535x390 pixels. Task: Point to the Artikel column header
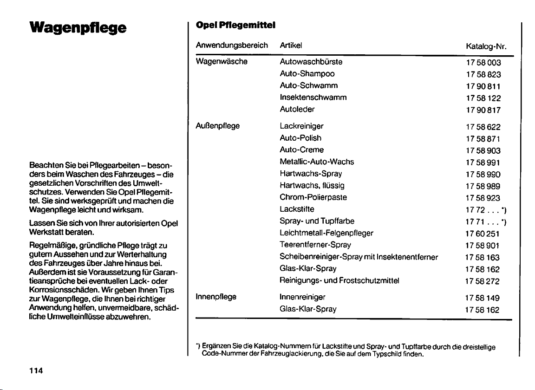pyautogui.click(x=291, y=45)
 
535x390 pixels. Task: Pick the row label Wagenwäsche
pyautogui.click(x=221, y=62)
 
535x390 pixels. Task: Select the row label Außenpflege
pyautogui.click(x=217, y=126)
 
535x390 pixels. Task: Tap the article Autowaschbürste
pyautogui.click(x=311, y=62)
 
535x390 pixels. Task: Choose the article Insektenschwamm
pyautogui.click(x=313, y=97)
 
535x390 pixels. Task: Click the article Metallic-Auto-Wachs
pyautogui.click(x=317, y=162)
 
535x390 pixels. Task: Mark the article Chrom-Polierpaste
pyautogui.click(x=313, y=197)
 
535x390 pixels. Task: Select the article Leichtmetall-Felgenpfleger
pyautogui.click(x=326, y=233)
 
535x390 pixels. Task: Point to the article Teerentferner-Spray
pyautogui.click(x=315, y=245)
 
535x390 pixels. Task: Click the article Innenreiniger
pyautogui.click(x=303, y=296)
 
